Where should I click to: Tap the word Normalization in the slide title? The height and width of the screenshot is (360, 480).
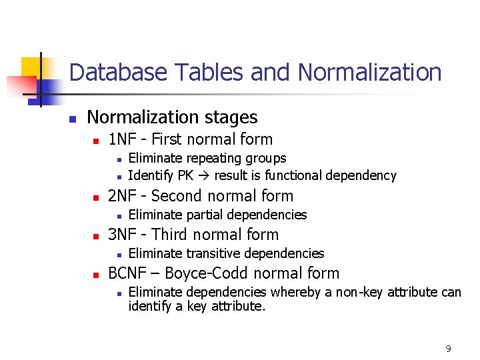[370, 72]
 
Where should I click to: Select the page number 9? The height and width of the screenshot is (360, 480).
[448, 349]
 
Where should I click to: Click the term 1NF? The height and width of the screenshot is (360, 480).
[121, 139]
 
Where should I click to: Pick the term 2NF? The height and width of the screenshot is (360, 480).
[122, 196]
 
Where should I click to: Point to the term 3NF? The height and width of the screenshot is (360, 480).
[122, 235]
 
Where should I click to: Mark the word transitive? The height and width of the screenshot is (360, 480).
[212, 253]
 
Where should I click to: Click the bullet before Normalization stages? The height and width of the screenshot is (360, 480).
[73, 119]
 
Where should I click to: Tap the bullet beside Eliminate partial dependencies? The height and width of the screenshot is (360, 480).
[117, 215]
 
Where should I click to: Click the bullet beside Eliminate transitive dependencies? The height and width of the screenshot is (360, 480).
[117, 254]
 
